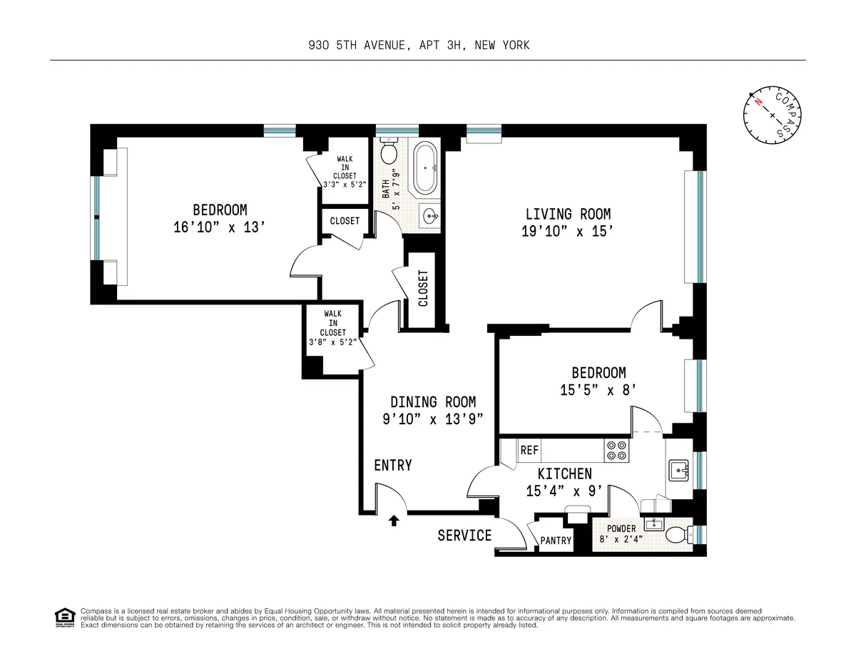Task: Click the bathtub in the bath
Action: (425, 169)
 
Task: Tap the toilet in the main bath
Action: (389, 152)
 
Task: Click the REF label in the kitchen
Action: (529, 451)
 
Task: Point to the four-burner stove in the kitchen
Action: (616, 450)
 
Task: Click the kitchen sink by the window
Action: (678, 471)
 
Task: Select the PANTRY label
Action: (556, 540)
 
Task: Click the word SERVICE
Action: (464, 535)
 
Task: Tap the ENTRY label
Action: (393, 466)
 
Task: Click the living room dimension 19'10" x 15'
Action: (568, 231)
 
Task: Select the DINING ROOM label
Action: (433, 402)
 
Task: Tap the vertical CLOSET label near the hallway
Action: (423, 288)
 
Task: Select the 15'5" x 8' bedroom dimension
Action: (598, 390)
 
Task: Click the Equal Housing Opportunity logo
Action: (64, 618)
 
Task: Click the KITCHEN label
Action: (564, 473)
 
